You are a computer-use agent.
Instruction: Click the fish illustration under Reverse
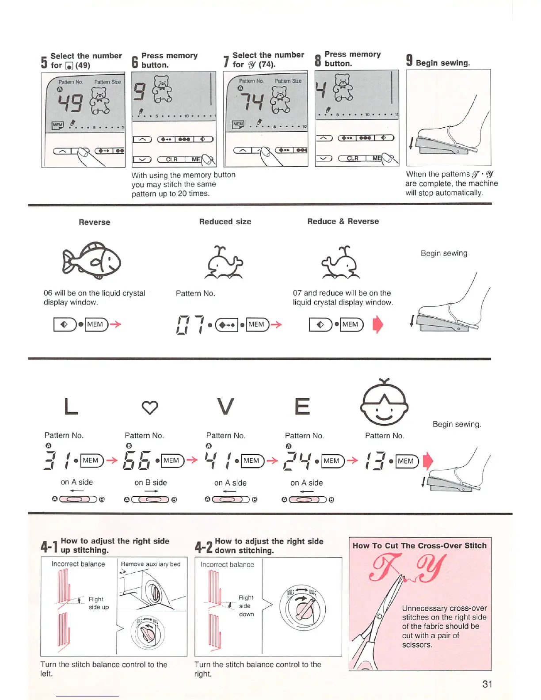92,260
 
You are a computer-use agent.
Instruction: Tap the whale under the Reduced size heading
225,263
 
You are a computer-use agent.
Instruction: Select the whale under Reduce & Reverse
341,263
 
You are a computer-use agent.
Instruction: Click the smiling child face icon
384,403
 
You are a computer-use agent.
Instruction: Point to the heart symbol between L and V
150,407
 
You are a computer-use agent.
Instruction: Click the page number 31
487,684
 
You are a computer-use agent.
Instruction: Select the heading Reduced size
225,222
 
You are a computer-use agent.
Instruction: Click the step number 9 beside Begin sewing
409,61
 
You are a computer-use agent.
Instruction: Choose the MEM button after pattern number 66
171,460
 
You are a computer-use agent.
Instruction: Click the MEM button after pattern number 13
406,461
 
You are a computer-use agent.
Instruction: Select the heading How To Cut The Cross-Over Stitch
419,546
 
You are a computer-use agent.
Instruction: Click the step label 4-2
203,547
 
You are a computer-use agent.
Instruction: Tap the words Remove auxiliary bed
151,564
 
